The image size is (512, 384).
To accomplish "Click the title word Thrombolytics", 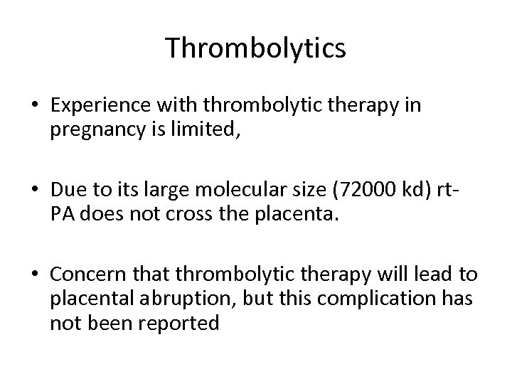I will pyautogui.click(x=255, y=48).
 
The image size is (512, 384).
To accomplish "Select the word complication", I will pyautogui.click(x=363, y=299).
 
